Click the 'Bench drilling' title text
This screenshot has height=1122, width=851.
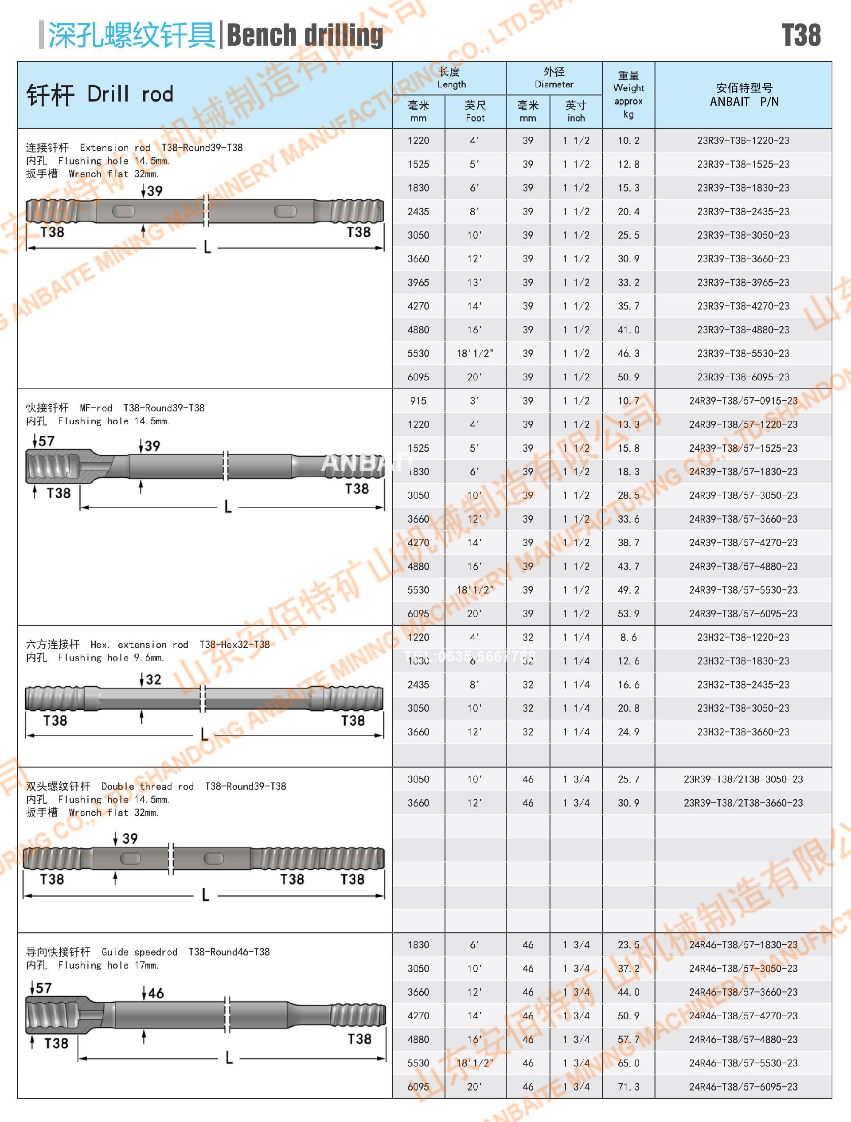click(304, 35)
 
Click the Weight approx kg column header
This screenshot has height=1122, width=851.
click(628, 95)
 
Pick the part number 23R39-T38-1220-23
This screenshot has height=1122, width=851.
click(743, 141)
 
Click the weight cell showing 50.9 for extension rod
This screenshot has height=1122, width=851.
click(628, 377)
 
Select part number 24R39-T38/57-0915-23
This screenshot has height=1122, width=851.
click(743, 401)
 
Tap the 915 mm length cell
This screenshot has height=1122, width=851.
click(418, 401)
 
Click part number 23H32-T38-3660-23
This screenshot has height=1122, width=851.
click(743, 731)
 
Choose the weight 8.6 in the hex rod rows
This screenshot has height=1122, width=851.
click(628, 637)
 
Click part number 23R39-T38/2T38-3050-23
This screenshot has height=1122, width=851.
click(743, 779)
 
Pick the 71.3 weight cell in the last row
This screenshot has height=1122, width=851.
click(628, 1087)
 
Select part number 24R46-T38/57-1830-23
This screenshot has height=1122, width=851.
click(743, 945)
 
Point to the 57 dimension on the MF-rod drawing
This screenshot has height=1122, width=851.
click(46, 441)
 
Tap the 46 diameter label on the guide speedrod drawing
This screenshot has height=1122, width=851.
click(155, 993)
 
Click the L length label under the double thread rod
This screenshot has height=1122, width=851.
click(205, 895)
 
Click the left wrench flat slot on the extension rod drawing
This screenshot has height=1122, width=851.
click(123, 211)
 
